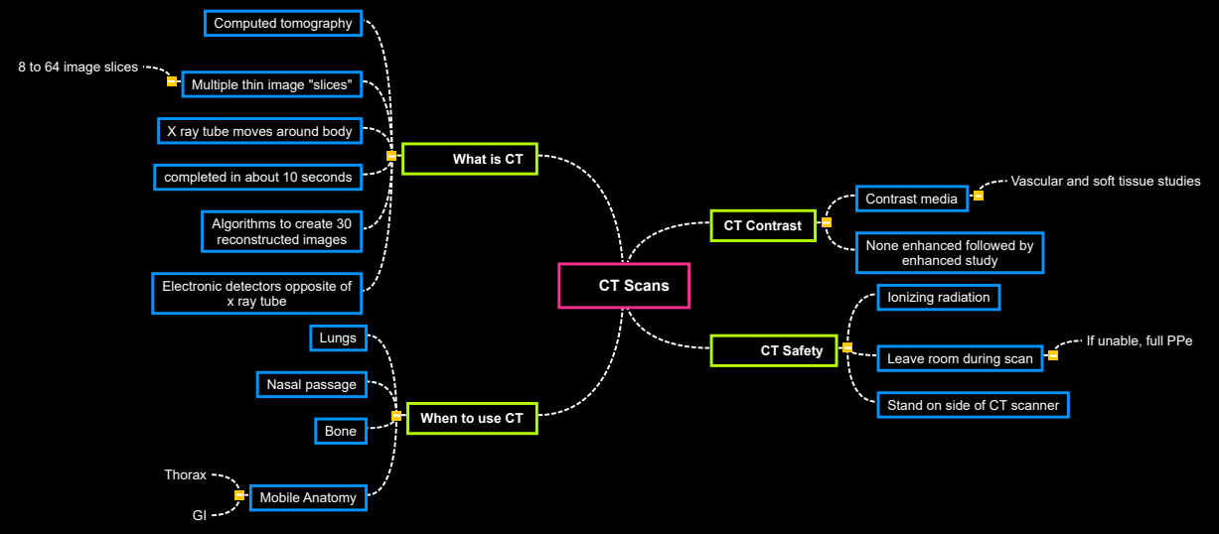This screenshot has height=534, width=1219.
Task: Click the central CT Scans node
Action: (624, 286)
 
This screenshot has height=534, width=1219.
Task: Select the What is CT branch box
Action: (470, 159)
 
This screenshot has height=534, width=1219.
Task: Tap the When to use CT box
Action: (471, 418)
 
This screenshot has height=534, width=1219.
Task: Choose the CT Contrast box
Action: (762, 225)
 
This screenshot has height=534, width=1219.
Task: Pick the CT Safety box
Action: (774, 350)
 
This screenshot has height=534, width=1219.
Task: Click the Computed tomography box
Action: (283, 23)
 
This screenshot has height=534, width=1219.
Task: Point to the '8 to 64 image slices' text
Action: (77, 67)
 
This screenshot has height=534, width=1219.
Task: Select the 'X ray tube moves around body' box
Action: (259, 131)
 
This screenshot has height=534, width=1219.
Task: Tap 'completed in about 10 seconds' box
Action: (258, 177)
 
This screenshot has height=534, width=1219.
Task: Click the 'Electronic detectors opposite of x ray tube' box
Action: (256, 293)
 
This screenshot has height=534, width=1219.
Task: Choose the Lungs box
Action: (338, 338)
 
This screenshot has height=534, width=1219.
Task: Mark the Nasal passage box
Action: (312, 384)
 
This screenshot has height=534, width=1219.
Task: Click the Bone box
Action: (341, 431)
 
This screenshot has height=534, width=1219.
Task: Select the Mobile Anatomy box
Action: (308, 497)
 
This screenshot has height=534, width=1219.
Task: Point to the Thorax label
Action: (186, 475)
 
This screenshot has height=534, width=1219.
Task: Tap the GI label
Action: (199, 515)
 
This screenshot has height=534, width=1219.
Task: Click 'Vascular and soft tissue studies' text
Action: (1105, 181)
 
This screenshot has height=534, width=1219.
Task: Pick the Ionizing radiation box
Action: (938, 297)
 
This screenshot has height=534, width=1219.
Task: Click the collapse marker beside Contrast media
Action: (979, 196)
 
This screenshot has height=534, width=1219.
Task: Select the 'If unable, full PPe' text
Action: (1139, 340)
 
